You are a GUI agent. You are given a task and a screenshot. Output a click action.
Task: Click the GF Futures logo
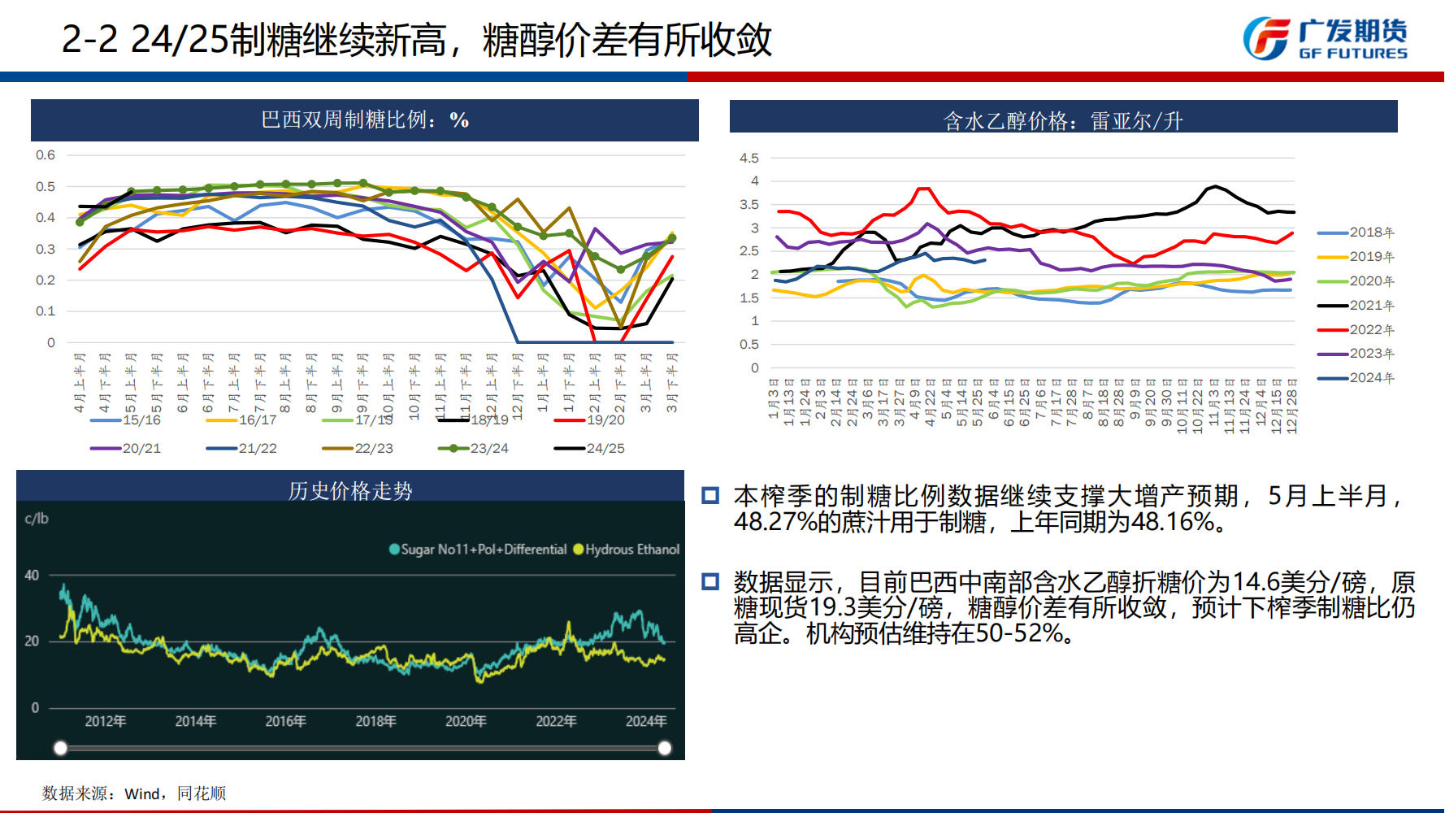coord(1325,39)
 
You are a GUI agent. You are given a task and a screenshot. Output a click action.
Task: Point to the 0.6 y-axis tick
coord(46,155)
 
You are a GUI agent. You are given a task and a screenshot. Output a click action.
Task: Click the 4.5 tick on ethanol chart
coord(749,159)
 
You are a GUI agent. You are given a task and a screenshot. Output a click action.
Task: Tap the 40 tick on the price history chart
coord(32,576)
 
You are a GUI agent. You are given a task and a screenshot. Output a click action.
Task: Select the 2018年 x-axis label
coord(375,721)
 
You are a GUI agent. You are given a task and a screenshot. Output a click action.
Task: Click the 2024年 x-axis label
coord(646,721)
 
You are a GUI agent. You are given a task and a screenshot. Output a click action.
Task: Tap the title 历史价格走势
coord(350,491)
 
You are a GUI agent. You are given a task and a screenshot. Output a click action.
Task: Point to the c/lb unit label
coord(37,519)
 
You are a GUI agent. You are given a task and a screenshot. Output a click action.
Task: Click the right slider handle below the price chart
coord(665,748)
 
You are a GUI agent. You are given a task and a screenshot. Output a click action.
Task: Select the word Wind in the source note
coord(141,794)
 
